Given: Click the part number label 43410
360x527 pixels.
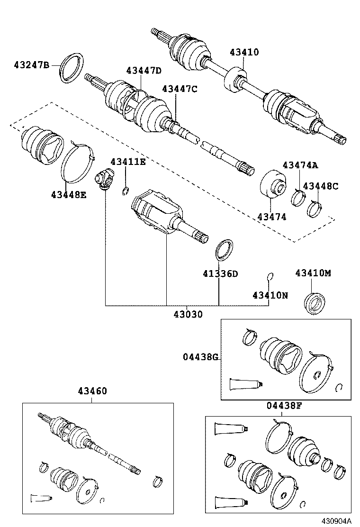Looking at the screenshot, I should [x=244, y=52].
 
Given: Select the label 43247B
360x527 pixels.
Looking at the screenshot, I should [x=31, y=64].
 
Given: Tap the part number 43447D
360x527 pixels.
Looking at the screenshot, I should [x=144, y=71].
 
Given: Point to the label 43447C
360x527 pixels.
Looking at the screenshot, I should [x=180, y=89].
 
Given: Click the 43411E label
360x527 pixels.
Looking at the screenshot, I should [x=128, y=162].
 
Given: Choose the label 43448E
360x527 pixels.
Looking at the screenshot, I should [x=69, y=194].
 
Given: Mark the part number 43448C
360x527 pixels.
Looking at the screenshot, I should [x=321, y=186].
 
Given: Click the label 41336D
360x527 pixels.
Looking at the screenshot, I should [x=220, y=273].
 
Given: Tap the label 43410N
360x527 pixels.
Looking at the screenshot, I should [x=270, y=295].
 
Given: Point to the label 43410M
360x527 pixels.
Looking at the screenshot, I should [x=313, y=273].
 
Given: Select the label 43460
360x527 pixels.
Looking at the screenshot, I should [x=92, y=391].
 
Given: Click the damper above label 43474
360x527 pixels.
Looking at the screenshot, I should [x=273, y=187].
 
